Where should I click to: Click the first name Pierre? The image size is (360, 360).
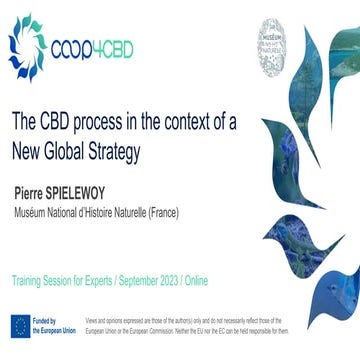click(x=31, y=191)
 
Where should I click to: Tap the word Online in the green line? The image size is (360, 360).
click(x=224, y=271)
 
